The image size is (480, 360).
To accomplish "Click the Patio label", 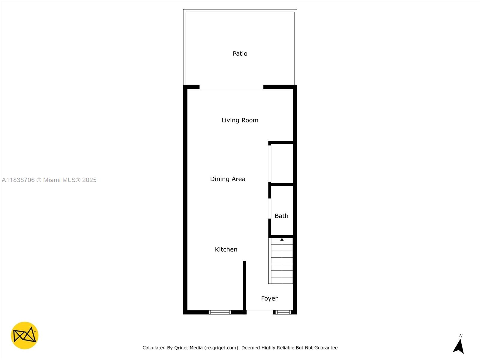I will (240, 54).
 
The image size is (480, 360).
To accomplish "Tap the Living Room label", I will (240, 120).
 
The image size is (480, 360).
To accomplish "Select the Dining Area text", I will (227, 179).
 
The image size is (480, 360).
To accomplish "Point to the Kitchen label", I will (226, 249).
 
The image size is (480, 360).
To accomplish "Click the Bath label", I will (281, 216).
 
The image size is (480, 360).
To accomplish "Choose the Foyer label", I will (269, 298).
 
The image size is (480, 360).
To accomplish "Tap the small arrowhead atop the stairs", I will (282, 239).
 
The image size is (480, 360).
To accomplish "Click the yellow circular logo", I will (25, 335).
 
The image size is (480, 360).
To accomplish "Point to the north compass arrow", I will (459, 346).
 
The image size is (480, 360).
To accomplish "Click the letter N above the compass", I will (461, 336).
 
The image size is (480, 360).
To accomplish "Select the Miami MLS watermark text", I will (49, 180).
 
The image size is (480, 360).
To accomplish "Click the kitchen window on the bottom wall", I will (220, 312).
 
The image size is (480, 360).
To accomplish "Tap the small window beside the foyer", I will (283, 312).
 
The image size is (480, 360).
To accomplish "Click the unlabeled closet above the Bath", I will (282, 163).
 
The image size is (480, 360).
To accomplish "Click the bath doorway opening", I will (270, 208).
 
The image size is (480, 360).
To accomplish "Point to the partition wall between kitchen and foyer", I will (244, 285).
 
